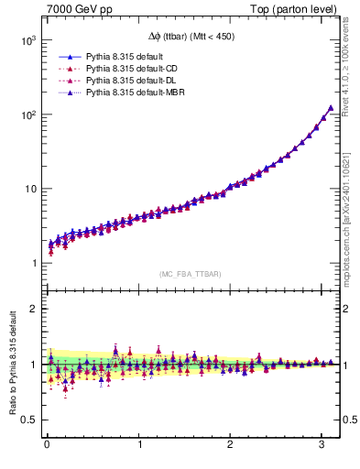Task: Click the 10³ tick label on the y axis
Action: [x=27, y=41]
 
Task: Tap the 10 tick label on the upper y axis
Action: [x=29, y=190]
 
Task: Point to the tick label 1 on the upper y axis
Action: [x=33, y=264]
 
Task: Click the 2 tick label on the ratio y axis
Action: [x=33, y=309]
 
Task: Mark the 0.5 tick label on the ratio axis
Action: [x=28, y=420]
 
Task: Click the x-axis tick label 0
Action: [x=47, y=445]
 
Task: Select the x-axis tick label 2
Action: [x=231, y=445]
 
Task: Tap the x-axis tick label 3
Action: [x=322, y=445]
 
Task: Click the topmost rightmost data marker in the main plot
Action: [x=331, y=108]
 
